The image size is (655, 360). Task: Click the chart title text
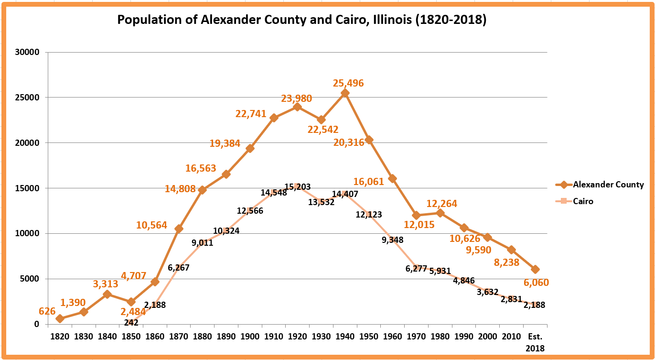pyautogui.click(x=301, y=21)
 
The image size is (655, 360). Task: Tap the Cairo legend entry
pyautogui.click(x=583, y=201)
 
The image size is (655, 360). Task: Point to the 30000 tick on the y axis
pyautogui.click(x=30, y=52)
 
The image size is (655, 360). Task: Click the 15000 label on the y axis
pyautogui.click(x=30, y=188)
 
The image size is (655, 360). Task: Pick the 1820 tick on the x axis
pyautogui.click(x=60, y=336)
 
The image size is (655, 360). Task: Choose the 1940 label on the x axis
pyautogui.click(x=344, y=336)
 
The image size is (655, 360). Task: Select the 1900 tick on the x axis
pyautogui.click(x=250, y=336)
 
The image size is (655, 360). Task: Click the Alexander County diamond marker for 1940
pyautogui.click(x=345, y=93)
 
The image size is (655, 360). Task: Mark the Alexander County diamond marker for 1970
pyautogui.click(x=416, y=215)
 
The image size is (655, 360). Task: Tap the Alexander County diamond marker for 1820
pyautogui.click(x=60, y=318)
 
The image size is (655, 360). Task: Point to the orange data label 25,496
pyautogui.click(x=348, y=83)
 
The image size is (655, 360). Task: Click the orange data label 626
pyautogui.click(x=47, y=311)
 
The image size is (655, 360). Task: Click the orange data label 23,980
pyautogui.click(x=296, y=98)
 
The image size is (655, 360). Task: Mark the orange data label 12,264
pyautogui.click(x=442, y=204)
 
